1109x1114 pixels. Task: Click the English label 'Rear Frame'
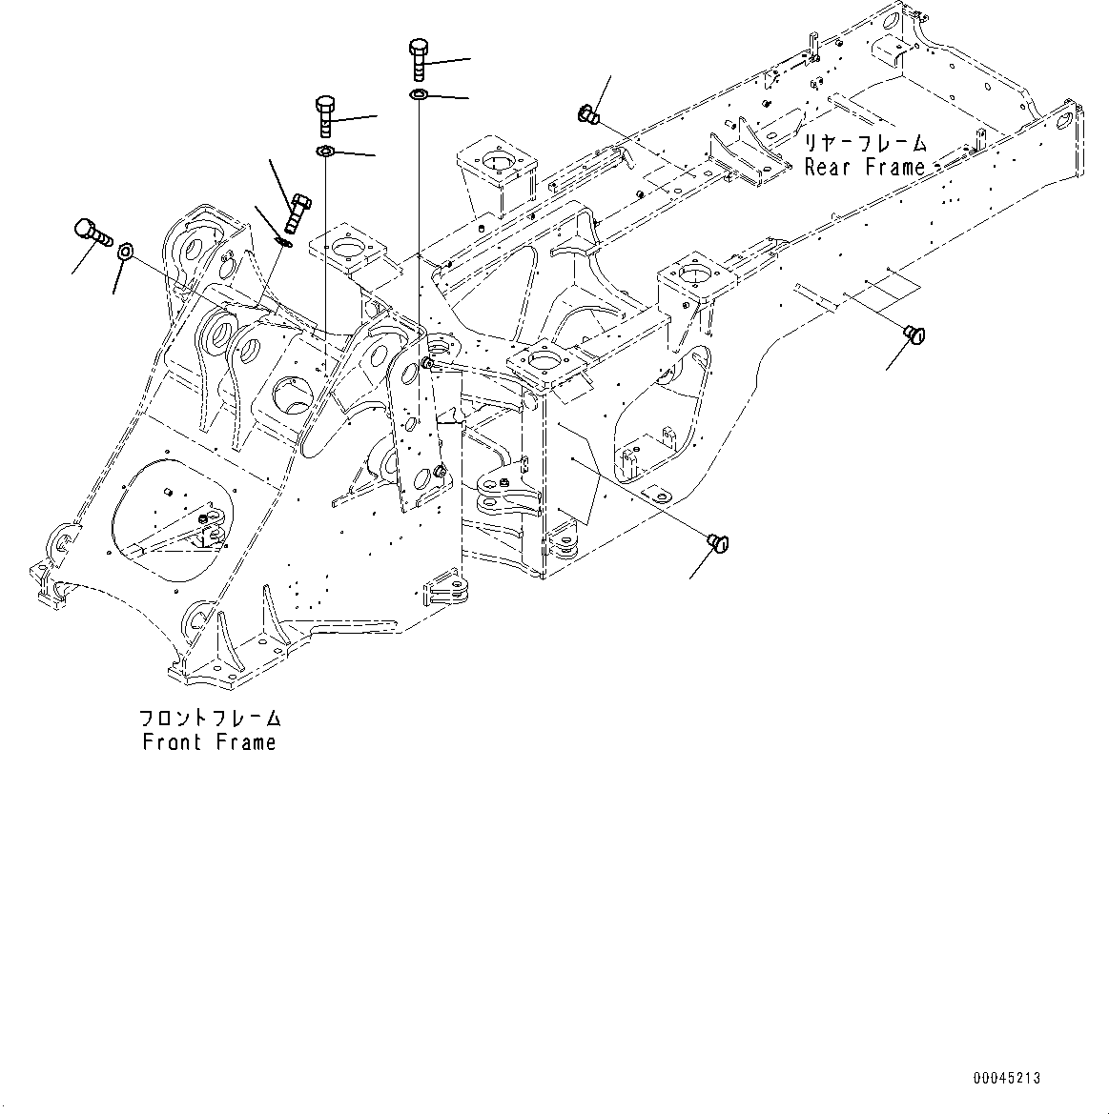click(864, 168)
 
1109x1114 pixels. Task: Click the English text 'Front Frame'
click(209, 742)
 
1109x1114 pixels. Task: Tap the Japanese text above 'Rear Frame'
click(863, 144)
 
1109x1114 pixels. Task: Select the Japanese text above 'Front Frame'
click(210, 719)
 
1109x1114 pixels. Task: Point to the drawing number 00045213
click(1007, 1079)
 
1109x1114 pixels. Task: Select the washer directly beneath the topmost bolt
click(418, 94)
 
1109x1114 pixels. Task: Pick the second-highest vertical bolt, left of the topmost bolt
click(324, 115)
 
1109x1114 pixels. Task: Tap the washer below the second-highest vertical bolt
click(324, 152)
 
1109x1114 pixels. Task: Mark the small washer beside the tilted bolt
click(282, 240)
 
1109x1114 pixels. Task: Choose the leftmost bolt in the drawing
click(89, 230)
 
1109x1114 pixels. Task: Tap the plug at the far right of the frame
click(914, 333)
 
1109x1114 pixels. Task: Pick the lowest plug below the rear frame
click(717, 543)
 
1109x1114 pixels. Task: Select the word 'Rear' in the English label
click(827, 168)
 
